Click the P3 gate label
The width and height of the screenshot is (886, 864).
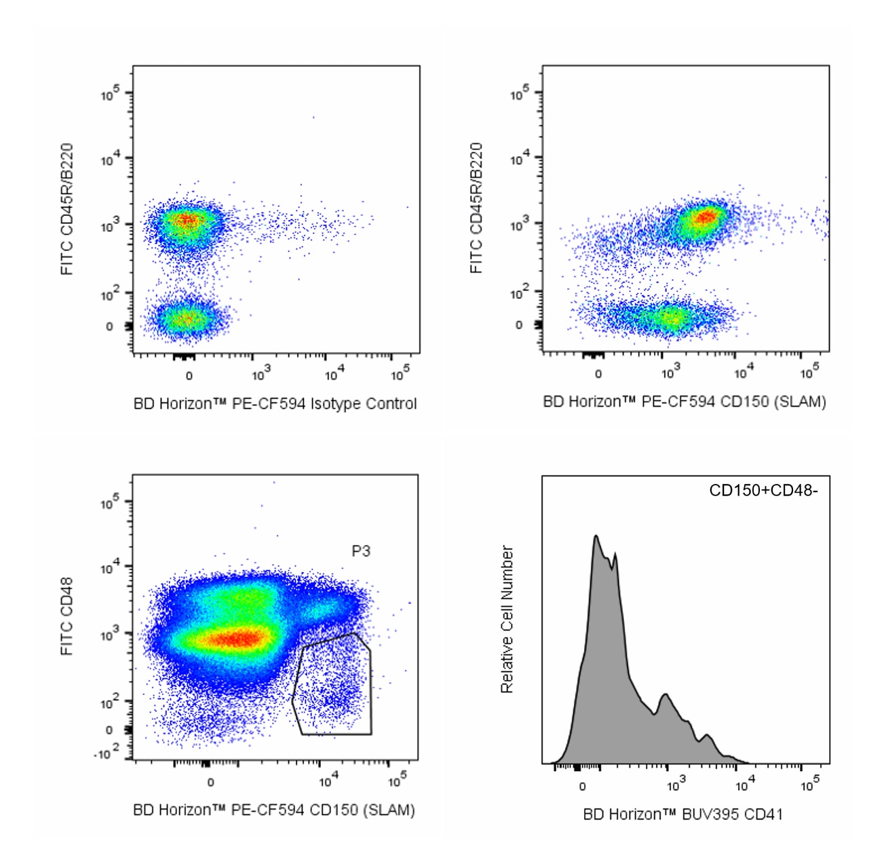click(x=361, y=551)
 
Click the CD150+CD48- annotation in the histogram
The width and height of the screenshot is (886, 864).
click(x=763, y=490)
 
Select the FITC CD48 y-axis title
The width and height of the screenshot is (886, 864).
click(x=66, y=616)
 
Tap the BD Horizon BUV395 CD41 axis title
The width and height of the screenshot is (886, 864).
click(x=683, y=814)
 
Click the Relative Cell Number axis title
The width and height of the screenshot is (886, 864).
click(x=507, y=619)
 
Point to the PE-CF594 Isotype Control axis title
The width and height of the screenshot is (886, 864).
click(x=275, y=404)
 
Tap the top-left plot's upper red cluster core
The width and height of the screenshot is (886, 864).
click(x=187, y=220)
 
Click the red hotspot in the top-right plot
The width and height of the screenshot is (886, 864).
click(x=706, y=217)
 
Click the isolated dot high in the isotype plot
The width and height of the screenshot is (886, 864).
click(x=313, y=117)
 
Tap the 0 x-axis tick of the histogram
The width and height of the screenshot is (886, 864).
click(x=582, y=787)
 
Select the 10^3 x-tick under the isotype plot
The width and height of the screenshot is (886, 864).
click(x=261, y=375)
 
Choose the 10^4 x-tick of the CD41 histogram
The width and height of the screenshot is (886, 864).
click(x=745, y=786)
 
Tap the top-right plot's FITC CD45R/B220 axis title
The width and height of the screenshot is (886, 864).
click(x=476, y=208)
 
